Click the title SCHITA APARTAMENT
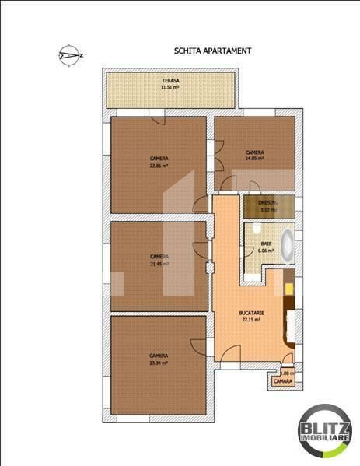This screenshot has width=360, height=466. click(212, 50)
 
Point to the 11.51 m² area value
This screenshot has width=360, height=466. click(170, 88)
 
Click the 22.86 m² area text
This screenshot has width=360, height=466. click(159, 165)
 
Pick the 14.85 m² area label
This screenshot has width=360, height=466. click(254, 158)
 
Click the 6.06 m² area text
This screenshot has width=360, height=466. click(267, 251)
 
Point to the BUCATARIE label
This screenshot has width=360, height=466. click(252, 314)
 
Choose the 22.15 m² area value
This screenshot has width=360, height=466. click(252, 320)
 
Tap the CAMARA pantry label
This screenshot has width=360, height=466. click(282, 382)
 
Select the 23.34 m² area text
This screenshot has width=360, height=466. click(159, 363)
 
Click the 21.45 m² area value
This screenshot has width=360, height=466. click(159, 263)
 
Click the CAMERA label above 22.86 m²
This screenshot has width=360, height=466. click(159, 158)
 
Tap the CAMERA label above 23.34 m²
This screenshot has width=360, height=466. click(159, 356)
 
